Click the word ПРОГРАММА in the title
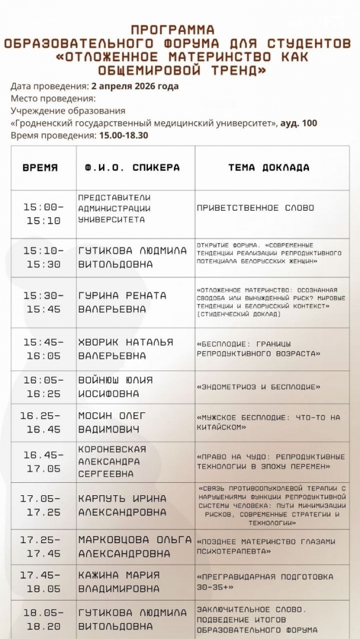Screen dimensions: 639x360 coord(173,29)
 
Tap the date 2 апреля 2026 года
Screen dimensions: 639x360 coord(135,86)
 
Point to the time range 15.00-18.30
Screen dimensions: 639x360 coord(123,135)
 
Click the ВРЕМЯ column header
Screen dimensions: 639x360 coord(40,167)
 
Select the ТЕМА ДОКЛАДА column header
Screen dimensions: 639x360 coord(269,167)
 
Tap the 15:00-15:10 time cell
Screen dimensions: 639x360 coord(43,214)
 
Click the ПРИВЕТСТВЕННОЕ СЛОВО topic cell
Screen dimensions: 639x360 coord(255,208)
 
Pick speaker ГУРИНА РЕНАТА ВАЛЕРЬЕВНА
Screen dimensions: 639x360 coord(123,302)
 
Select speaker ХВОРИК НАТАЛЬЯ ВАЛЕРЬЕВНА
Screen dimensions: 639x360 coord(126,349)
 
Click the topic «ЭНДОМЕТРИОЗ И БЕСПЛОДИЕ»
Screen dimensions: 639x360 coord(258,387)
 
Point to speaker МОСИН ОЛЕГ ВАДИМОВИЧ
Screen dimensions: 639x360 coord(112,422)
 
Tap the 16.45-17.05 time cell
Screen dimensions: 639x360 coord(43,461)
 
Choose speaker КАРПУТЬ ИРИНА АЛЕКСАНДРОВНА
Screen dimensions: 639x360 coord(123,505)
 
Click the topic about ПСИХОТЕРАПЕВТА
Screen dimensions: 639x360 coord(266,546)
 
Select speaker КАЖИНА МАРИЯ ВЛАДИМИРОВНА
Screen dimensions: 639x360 coord(119,582)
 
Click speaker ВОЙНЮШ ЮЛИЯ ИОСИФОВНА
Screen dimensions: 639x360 coord(115,387)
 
